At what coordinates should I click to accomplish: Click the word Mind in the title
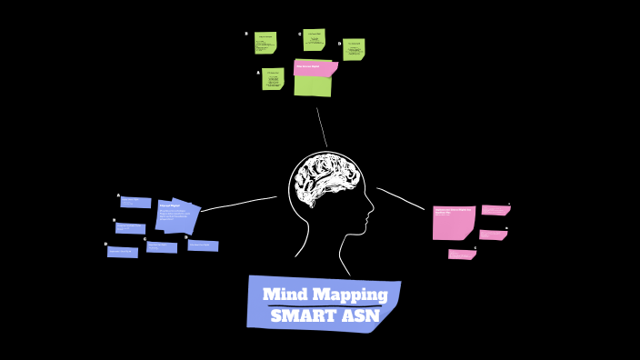point(285,295)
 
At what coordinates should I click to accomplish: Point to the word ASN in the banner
point(361,316)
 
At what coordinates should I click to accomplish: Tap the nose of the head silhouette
point(372,216)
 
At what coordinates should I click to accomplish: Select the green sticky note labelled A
point(273,79)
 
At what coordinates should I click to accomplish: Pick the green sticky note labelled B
point(265,44)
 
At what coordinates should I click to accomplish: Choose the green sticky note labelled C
point(315,40)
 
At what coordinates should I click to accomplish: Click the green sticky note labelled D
point(354,49)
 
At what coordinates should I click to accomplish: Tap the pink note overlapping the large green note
point(315,68)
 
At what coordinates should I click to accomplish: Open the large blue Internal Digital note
point(177,215)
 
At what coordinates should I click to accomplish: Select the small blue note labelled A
point(136,203)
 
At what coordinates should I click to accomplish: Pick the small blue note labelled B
point(131,228)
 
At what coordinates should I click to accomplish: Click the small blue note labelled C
point(162,247)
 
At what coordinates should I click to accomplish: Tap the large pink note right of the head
point(453,222)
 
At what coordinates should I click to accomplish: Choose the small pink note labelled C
point(462,255)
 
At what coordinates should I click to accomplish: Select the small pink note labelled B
point(493,235)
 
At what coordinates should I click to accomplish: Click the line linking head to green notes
point(321,127)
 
